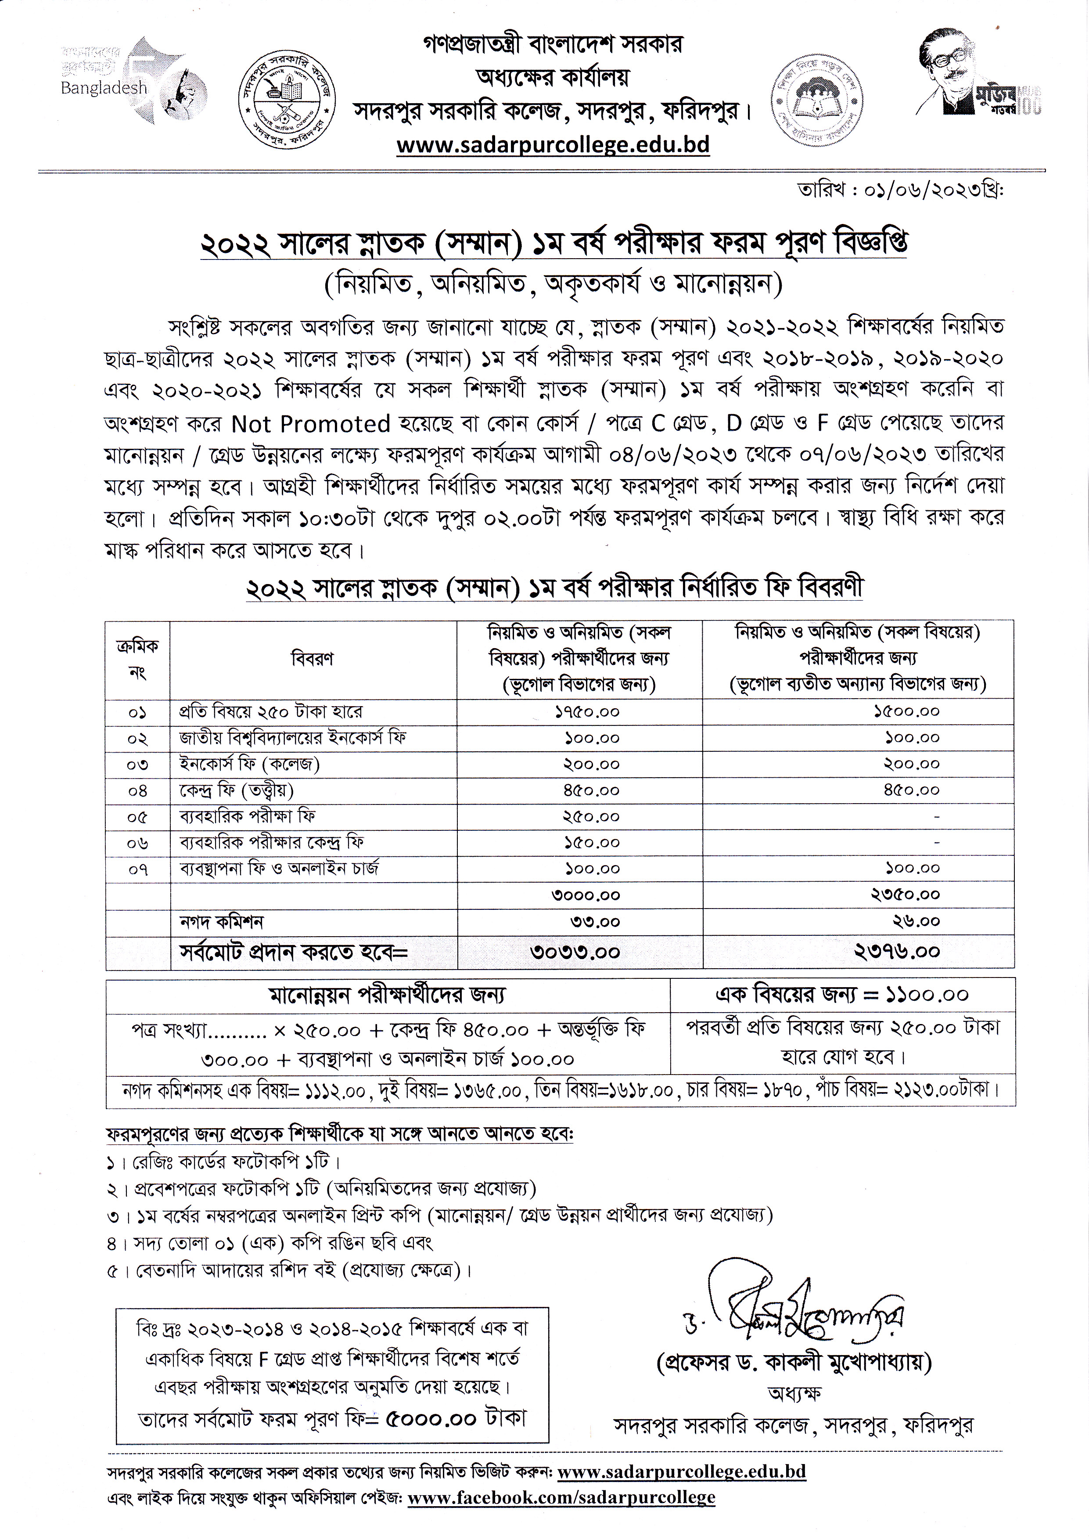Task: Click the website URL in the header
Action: coord(553,145)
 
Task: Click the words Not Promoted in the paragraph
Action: coord(310,424)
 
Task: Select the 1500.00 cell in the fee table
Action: coord(906,711)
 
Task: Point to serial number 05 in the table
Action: coord(137,817)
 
